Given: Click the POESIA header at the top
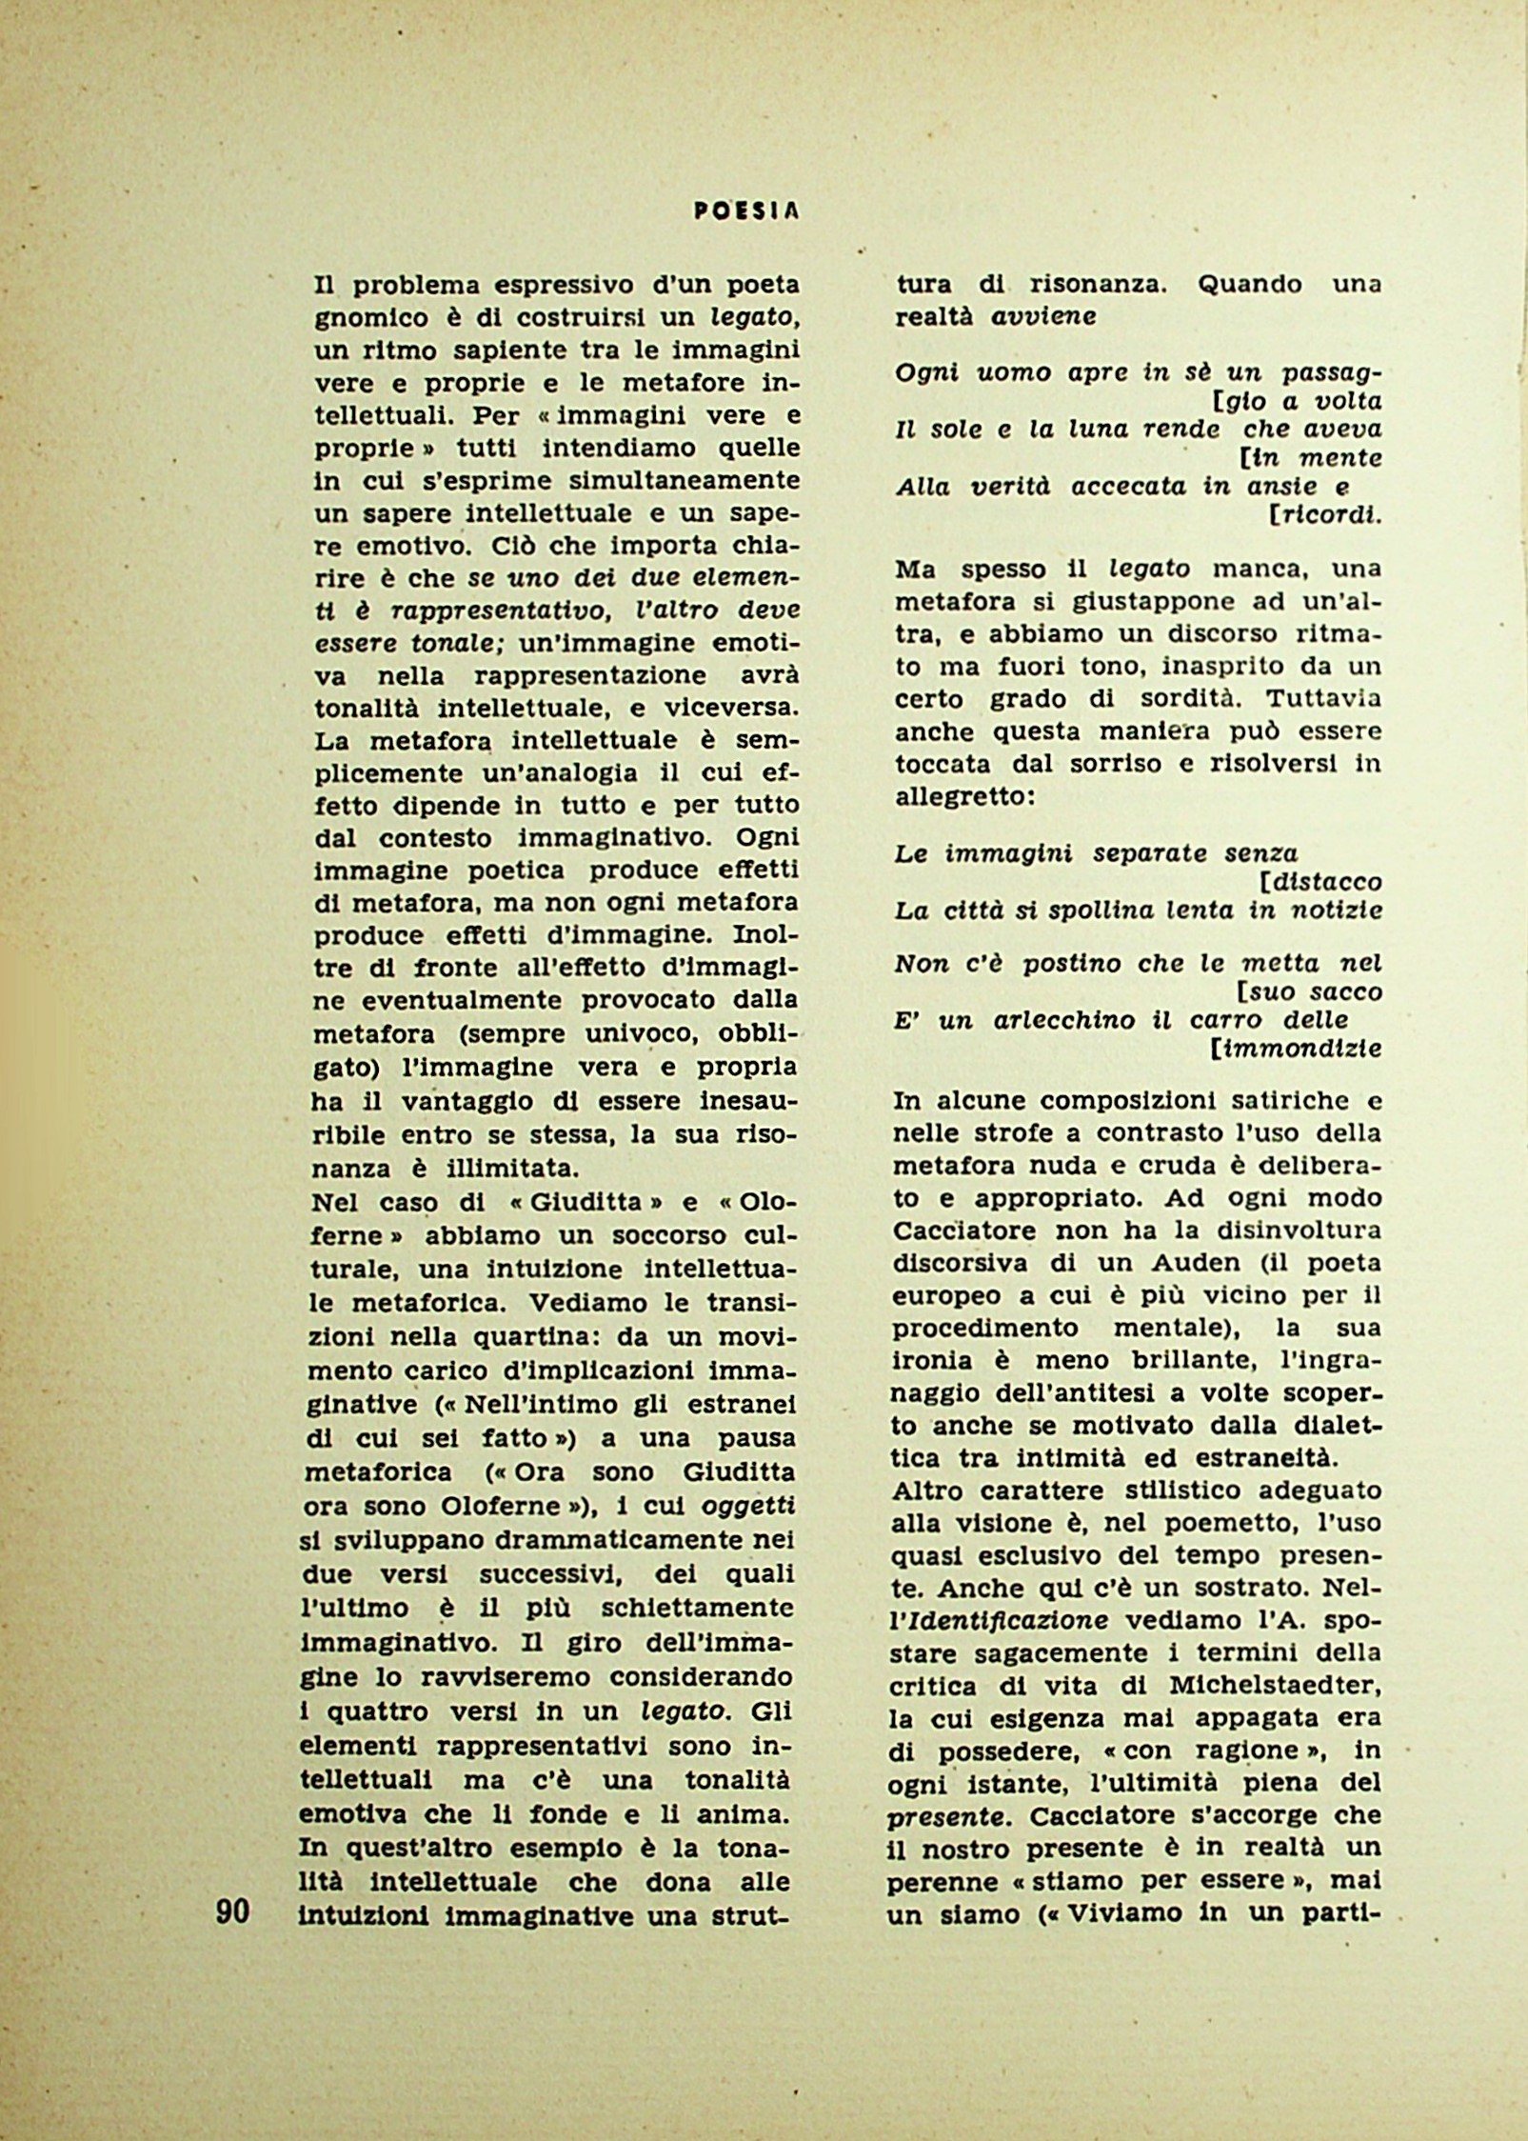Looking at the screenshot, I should point(745,213).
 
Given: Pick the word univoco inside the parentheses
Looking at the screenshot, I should point(625,1034).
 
